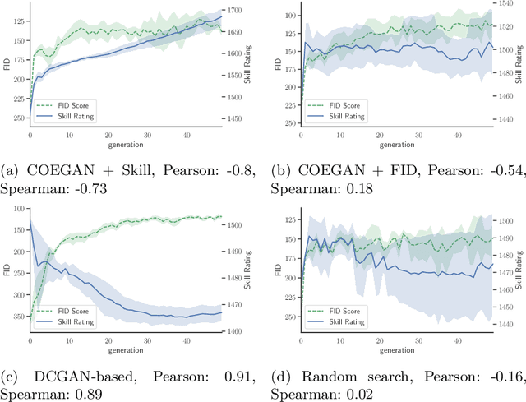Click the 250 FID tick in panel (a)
click(x=18, y=118)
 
